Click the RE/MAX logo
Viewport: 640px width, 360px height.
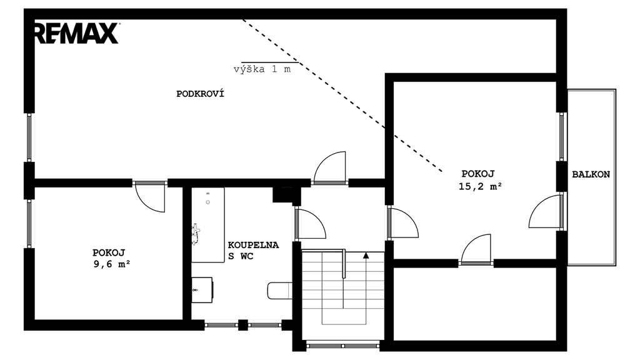(76, 33)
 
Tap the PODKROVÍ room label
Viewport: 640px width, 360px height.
(200, 94)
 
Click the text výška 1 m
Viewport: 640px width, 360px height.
(262, 69)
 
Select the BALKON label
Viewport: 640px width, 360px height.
(591, 174)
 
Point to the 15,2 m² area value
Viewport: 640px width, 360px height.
(480, 186)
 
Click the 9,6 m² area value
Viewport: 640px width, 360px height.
(112, 264)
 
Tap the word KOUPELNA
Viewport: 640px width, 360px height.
(253, 245)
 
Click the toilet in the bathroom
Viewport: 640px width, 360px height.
(280, 290)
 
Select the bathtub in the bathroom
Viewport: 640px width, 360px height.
(207, 225)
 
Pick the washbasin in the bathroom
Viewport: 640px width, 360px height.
(202, 290)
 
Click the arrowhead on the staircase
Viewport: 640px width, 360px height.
(366, 256)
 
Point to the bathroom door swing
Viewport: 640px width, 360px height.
(310, 223)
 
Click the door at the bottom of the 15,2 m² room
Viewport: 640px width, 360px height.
(476, 249)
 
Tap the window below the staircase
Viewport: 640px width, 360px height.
(343, 346)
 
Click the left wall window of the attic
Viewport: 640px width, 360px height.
(29, 137)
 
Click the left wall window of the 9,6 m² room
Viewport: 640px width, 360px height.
(29, 223)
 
